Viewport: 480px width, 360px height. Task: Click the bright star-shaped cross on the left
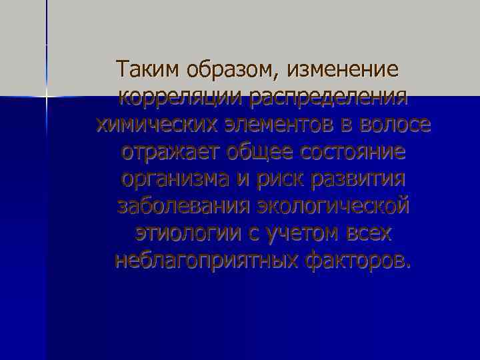click(x=47, y=97)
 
